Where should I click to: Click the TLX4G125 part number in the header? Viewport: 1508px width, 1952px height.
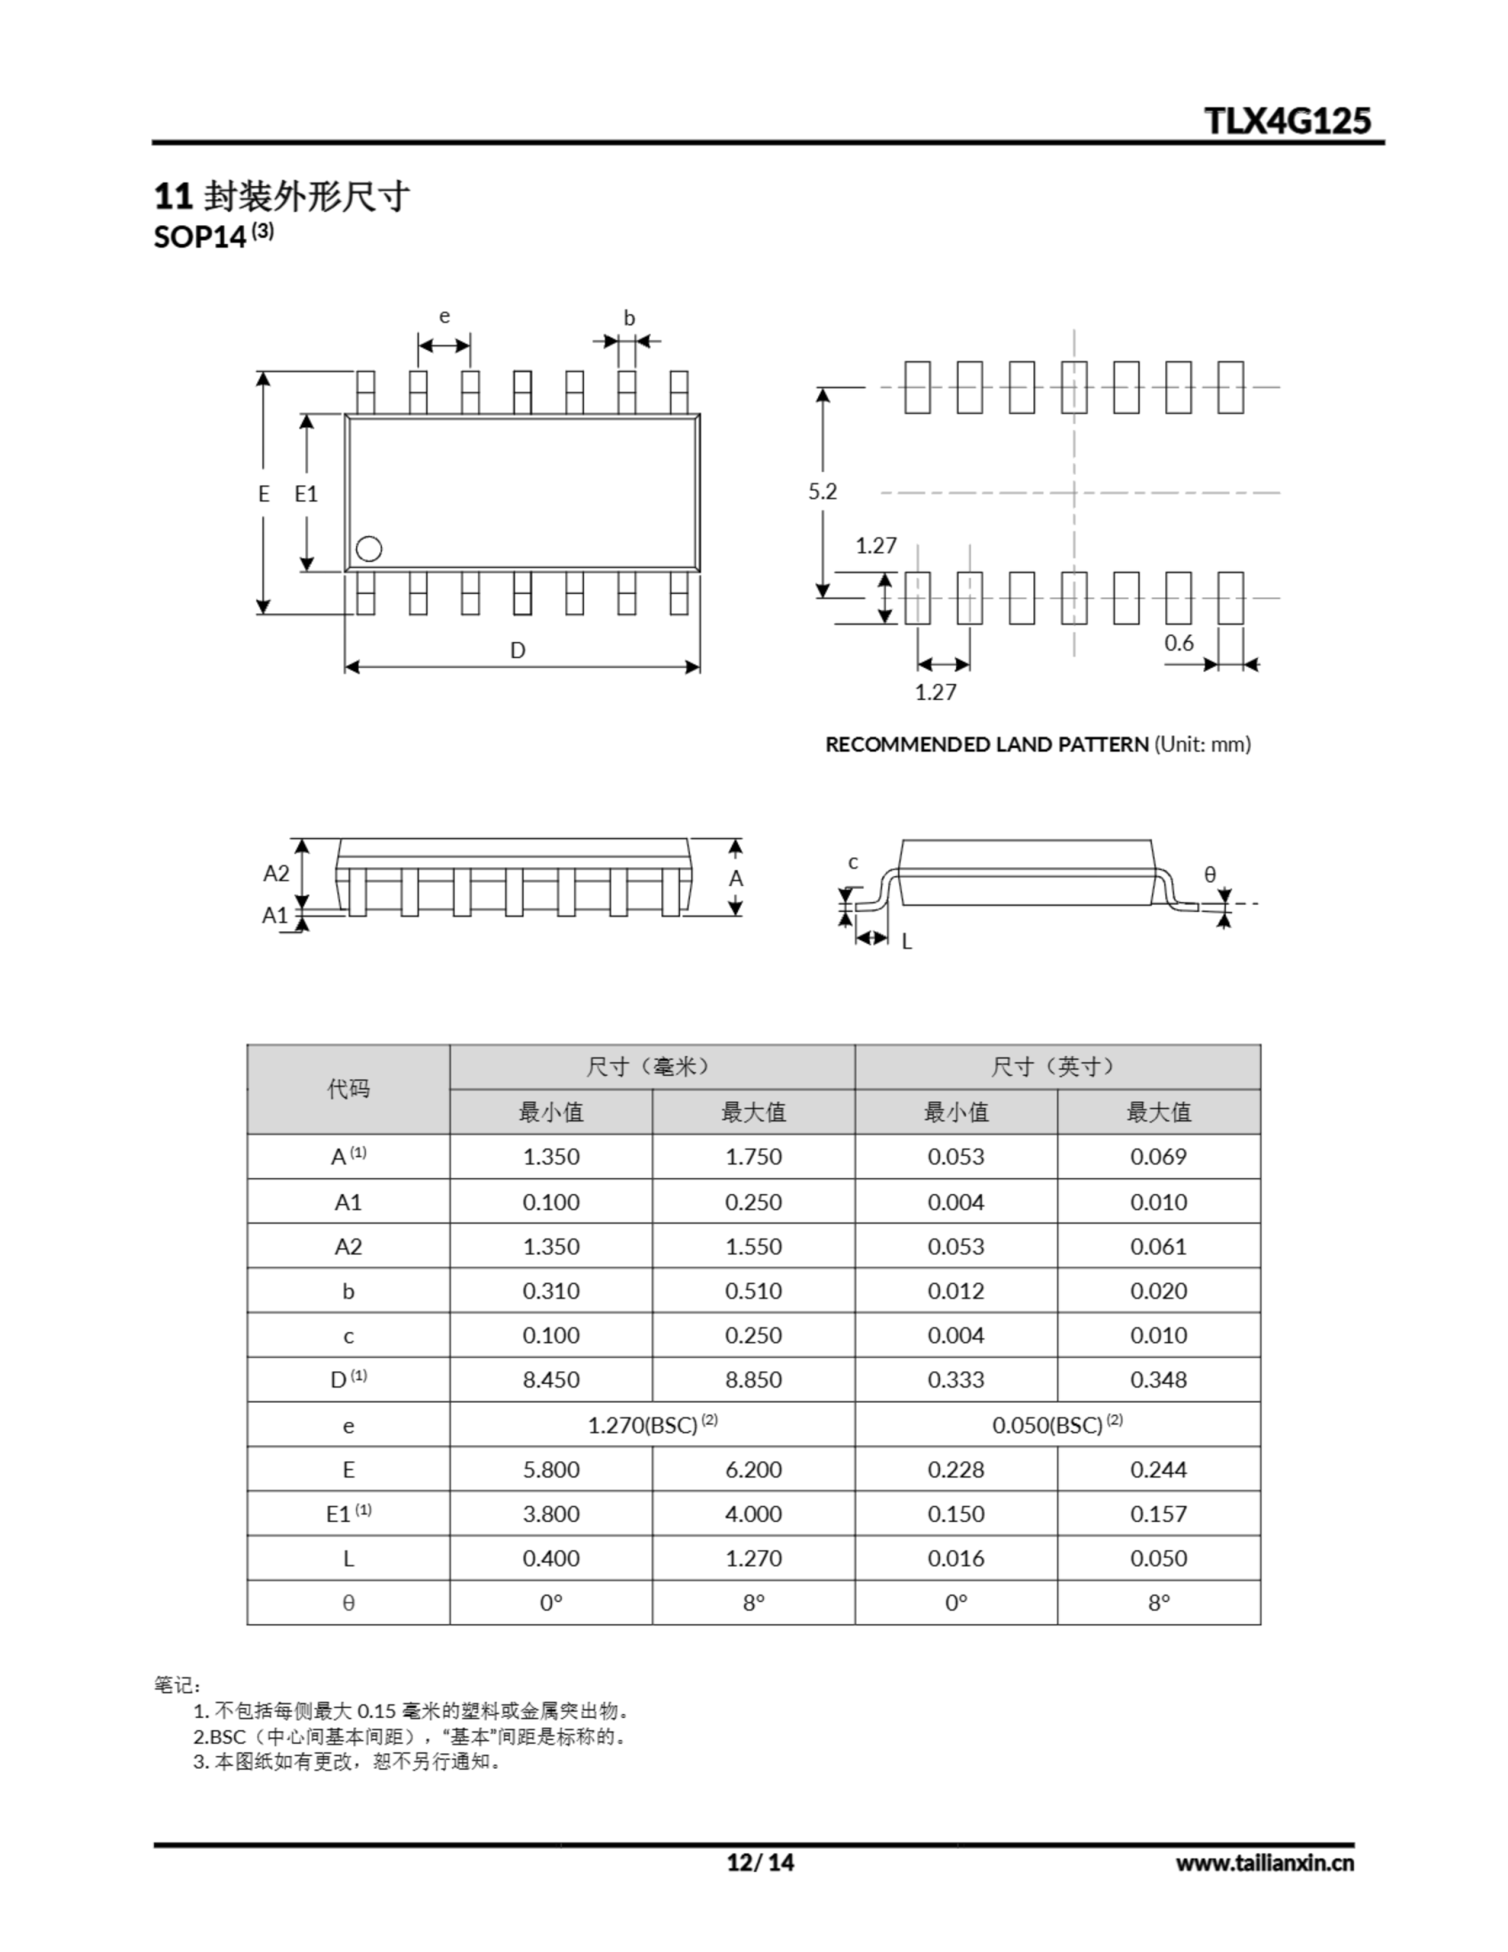click(x=1286, y=120)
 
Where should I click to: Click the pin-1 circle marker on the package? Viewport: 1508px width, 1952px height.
click(x=368, y=549)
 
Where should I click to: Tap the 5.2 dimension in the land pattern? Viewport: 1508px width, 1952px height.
click(x=823, y=492)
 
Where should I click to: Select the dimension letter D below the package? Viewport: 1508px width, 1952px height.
click(x=518, y=650)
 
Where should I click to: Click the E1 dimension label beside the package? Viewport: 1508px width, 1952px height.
click(x=306, y=493)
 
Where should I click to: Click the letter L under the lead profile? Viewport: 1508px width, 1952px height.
click(x=906, y=942)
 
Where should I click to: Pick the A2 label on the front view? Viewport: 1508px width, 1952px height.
click(x=276, y=873)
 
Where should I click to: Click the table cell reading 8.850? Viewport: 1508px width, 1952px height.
click(x=752, y=1379)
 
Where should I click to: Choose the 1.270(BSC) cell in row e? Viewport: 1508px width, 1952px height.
click(x=652, y=1424)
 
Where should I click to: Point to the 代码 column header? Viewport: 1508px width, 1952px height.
click(x=348, y=1089)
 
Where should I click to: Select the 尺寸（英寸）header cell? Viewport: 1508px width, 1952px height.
click(x=1057, y=1066)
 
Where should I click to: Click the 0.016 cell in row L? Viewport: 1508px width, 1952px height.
click(x=955, y=1558)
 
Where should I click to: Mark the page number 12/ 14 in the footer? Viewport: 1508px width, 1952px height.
click(x=760, y=1862)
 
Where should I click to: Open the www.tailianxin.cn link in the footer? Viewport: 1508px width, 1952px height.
click(x=1264, y=1863)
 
